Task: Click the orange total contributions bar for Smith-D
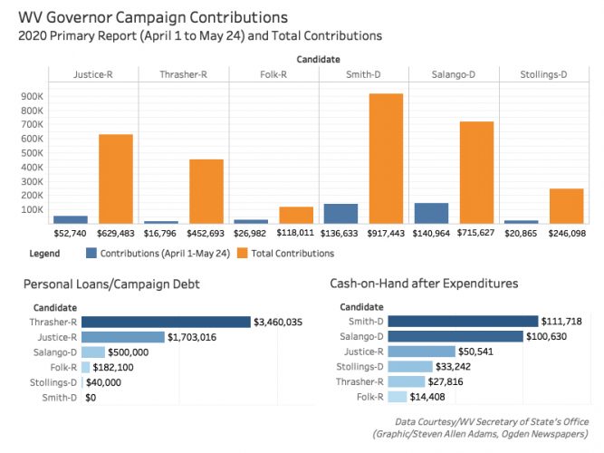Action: pos(386,159)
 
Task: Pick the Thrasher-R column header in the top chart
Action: pos(183,73)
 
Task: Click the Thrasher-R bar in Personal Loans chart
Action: pos(166,322)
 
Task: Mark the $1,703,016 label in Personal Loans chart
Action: pos(196,337)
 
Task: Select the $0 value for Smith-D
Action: pos(91,397)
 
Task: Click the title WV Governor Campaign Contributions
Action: pos(153,16)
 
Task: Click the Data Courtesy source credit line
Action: pos(491,422)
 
